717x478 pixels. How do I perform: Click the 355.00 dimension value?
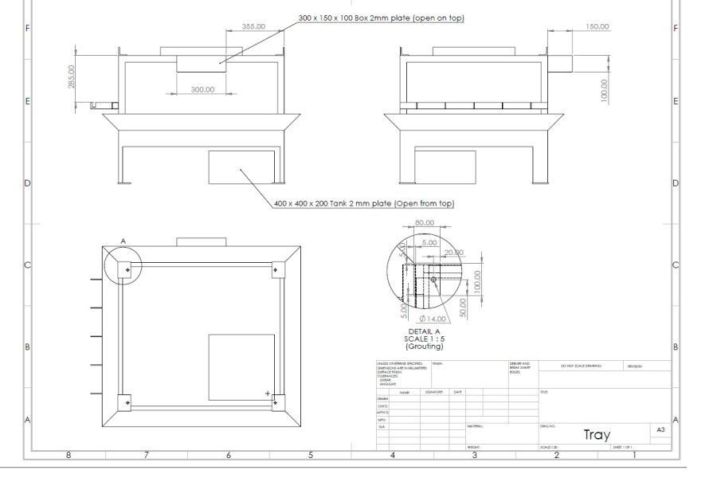(253, 26)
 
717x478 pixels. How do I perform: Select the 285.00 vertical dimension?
(71, 77)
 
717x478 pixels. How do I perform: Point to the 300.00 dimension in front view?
(202, 89)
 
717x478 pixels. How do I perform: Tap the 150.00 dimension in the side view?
(597, 26)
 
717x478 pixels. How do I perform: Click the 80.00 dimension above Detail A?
(425, 222)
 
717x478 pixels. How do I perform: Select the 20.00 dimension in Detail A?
(453, 253)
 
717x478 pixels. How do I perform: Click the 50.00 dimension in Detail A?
(463, 308)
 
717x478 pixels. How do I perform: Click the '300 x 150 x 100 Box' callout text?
(381, 18)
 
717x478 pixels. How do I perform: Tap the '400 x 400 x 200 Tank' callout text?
(363, 203)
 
